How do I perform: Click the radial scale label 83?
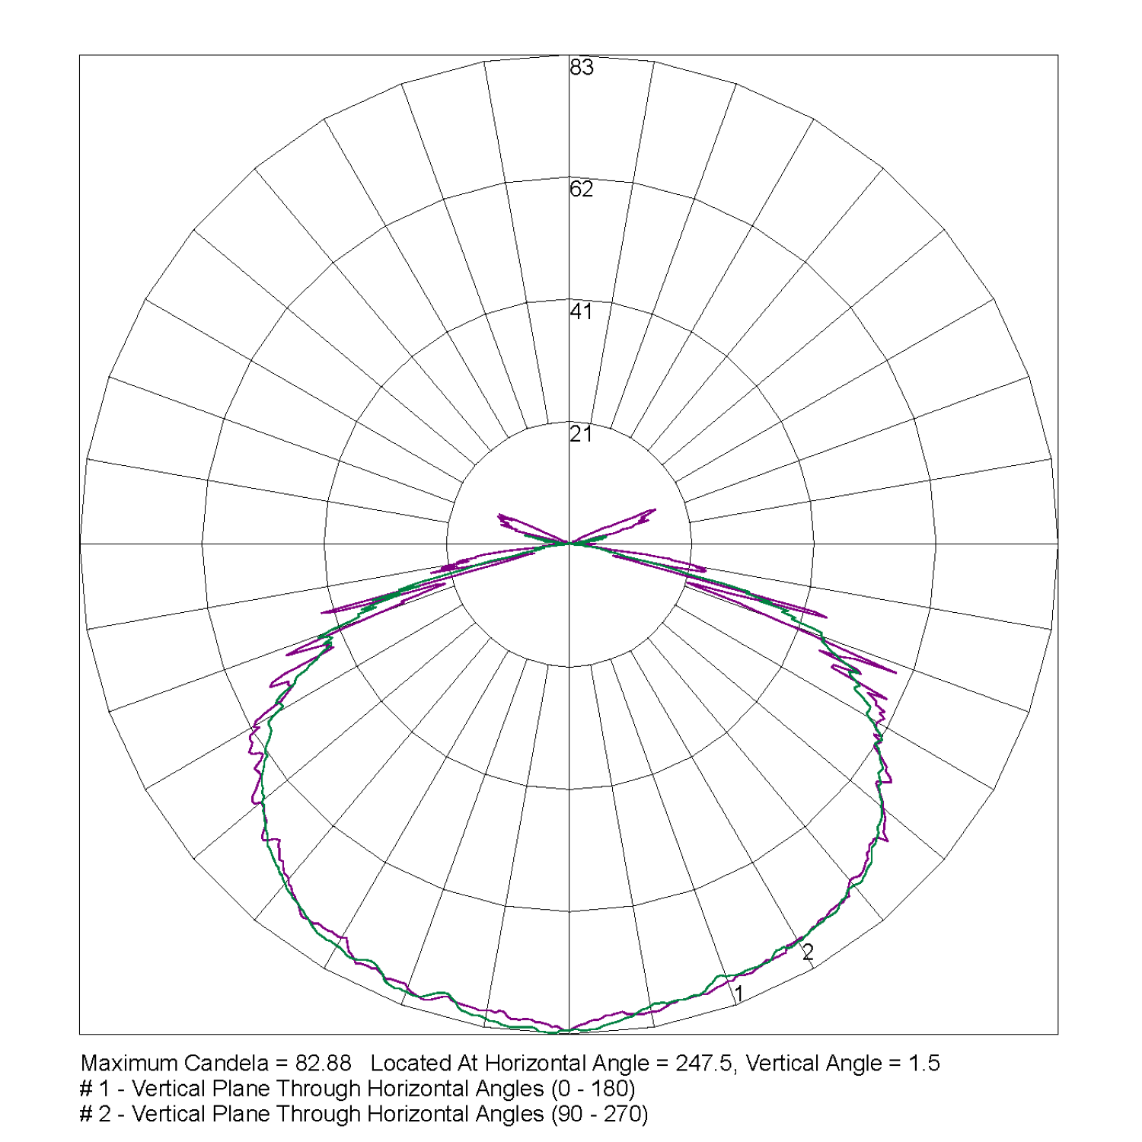tap(581, 68)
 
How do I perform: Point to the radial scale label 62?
tap(581, 189)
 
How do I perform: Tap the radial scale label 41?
tap(581, 311)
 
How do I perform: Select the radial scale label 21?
tap(581, 434)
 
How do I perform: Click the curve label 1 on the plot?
tap(738, 994)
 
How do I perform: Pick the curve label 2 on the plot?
tap(808, 952)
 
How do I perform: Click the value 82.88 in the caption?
tap(323, 1063)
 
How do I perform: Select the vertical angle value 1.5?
tap(924, 1063)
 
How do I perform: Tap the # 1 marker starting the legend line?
tap(95, 1089)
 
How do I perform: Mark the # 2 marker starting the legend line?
tap(95, 1115)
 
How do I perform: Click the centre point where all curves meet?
tap(569, 544)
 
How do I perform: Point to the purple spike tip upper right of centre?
tap(655, 509)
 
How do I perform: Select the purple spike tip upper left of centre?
tap(499, 515)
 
